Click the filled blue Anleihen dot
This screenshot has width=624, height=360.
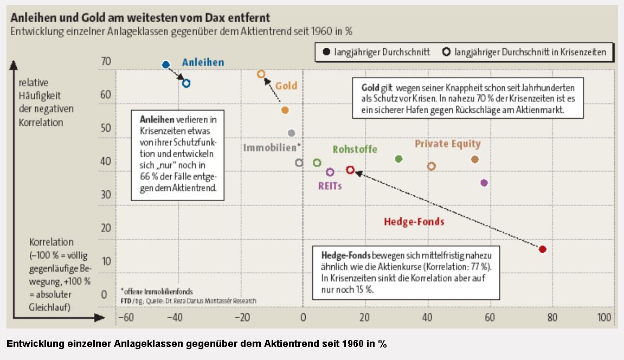[166, 65]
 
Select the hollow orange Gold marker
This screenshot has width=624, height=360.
[261, 74]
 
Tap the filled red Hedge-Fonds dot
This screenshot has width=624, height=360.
[542, 249]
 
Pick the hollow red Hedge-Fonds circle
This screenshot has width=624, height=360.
[350, 170]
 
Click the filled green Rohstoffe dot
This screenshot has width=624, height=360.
[398, 159]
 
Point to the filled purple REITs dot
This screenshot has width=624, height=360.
[484, 183]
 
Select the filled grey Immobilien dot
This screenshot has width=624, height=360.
[291, 133]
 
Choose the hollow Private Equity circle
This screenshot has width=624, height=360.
[432, 166]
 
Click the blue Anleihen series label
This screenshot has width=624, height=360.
[203, 62]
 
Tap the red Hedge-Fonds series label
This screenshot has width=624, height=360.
[414, 221]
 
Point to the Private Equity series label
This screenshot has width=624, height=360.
[448, 144]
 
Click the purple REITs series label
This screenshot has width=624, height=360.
[330, 185]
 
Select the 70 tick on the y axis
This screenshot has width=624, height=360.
[106, 62]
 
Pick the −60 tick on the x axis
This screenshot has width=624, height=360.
[126, 317]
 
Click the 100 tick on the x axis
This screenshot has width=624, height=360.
[604, 317]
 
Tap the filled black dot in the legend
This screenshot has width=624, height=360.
[326, 52]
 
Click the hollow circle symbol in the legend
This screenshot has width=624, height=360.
[446, 52]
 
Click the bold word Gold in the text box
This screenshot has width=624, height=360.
[370, 87]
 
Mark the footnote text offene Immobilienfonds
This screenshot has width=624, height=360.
[158, 291]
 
